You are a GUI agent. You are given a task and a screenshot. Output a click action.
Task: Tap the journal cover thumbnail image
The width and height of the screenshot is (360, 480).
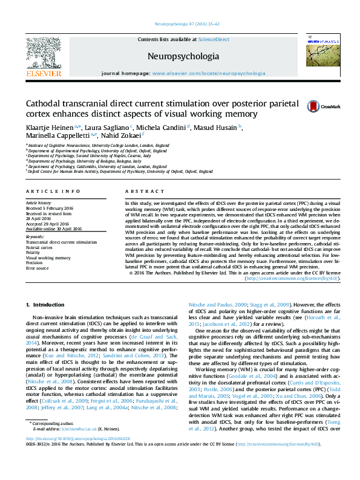(321, 52)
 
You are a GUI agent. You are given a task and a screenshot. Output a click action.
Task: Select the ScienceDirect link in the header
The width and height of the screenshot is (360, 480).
(214, 39)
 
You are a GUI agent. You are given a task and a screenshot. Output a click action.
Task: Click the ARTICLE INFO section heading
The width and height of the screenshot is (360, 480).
(53, 191)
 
